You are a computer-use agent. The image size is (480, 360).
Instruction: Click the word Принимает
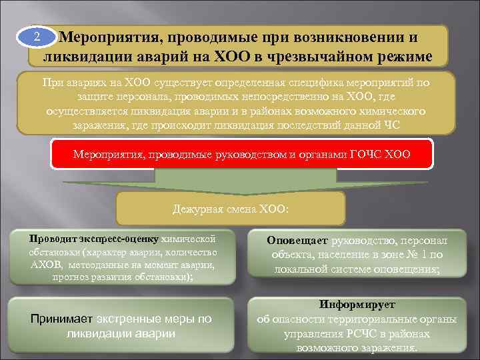coord(61,319)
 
